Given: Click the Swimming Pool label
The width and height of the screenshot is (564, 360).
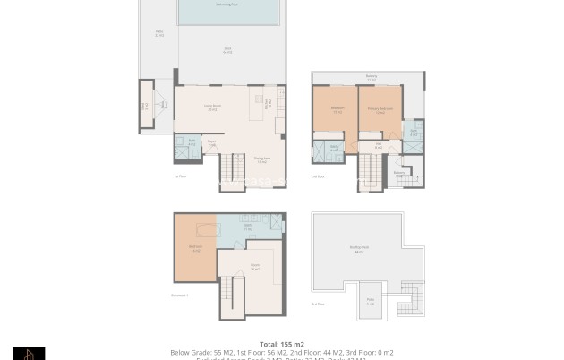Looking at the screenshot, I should tap(226, 4).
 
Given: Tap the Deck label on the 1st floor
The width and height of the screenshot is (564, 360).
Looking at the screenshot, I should tap(227, 50).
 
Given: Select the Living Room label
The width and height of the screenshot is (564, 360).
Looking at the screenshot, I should tap(212, 107).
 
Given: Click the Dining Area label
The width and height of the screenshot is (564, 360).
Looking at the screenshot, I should tap(261, 161).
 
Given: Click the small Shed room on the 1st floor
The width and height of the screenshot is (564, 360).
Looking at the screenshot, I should tap(145, 106).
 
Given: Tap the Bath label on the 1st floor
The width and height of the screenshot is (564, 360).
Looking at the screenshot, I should tap(192, 141).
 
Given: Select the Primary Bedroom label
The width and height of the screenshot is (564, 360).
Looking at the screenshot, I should tap(380, 111).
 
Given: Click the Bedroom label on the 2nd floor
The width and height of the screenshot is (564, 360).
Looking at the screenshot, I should tap(337, 111).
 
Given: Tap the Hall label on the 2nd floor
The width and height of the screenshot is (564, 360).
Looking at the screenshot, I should tap(380, 146).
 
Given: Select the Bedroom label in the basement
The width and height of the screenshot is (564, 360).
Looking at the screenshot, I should tap(194, 249).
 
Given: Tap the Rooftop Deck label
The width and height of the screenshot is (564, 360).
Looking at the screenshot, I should tap(358, 251).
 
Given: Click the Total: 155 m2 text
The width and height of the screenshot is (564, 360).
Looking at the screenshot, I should tap(282, 344).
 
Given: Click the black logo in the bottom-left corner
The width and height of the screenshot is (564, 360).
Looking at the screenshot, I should tap(29, 353).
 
